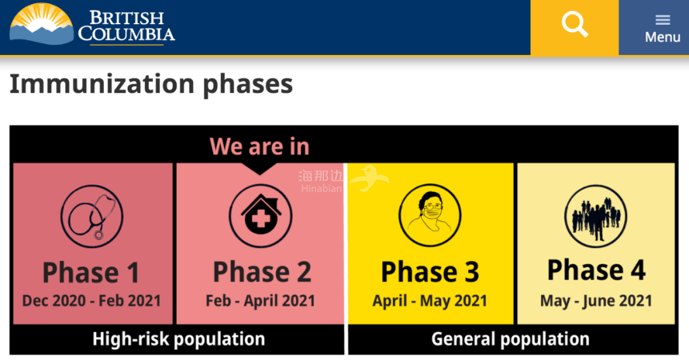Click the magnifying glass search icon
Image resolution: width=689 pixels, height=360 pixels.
[574, 25]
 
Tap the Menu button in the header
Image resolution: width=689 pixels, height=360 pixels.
[662, 29]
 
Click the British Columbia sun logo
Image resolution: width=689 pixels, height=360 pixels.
[41, 24]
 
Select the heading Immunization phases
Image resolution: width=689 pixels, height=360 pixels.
[151, 84]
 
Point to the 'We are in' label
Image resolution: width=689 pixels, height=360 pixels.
[260, 146]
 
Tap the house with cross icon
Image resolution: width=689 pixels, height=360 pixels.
[260, 216]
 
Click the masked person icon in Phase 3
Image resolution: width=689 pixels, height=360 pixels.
[430, 215]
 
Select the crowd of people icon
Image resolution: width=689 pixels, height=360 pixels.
[596, 216]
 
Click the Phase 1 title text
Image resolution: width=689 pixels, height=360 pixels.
[91, 273]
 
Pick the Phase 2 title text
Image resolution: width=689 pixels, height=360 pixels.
[262, 272]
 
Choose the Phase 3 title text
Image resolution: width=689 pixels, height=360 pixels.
[430, 272]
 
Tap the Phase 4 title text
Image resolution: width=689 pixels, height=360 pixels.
[596, 270]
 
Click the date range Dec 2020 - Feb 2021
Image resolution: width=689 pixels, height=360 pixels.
[91, 301]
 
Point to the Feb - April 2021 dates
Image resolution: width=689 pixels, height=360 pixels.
[260, 301]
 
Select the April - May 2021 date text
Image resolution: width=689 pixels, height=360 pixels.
[430, 301]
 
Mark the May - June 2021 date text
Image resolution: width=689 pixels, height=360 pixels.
[596, 301]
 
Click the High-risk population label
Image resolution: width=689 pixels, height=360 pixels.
[179, 340]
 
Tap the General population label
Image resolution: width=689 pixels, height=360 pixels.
[510, 339]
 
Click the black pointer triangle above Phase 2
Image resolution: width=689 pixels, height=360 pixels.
[260, 169]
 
